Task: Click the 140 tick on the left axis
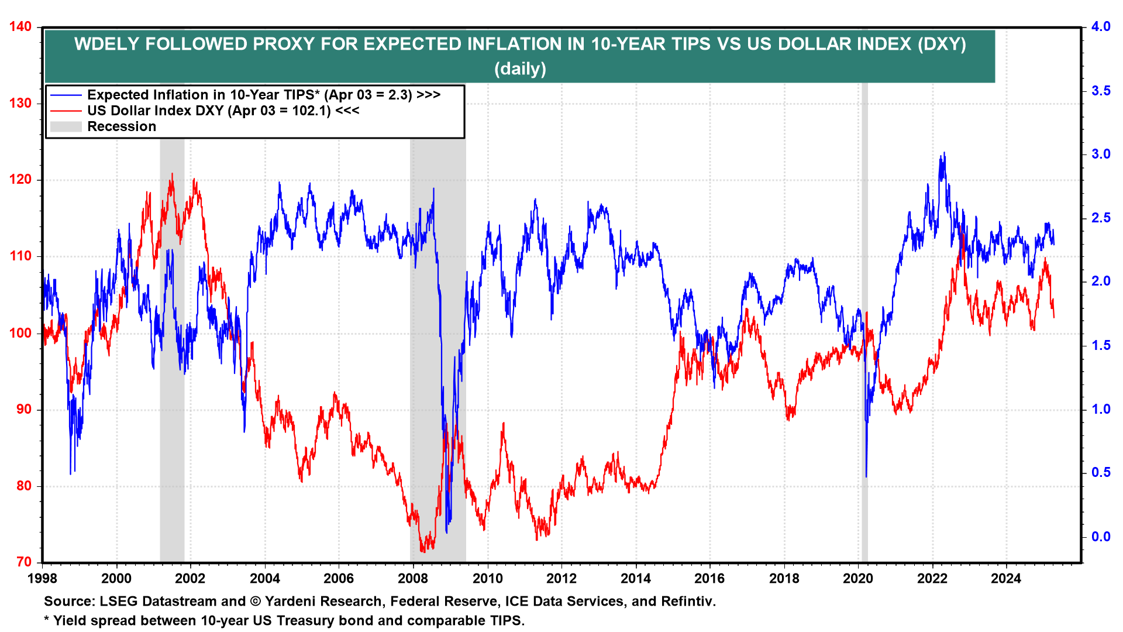pos(20,27)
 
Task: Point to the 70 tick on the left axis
pos(24,562)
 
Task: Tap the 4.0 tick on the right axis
pos(1101,27)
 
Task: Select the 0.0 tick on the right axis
pos(1101,537)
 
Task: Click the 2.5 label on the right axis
pos(1101,218)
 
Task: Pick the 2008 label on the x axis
pos(413,579)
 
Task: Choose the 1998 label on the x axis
pos(42,579)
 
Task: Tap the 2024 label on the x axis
pos(1006,579)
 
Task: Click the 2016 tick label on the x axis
pos(709,579)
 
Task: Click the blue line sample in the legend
pos(66,95)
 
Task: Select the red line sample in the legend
pos(66,111)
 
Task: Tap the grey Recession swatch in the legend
pos(66,126)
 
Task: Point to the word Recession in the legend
pos(122,126)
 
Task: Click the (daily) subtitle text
pos(520,69)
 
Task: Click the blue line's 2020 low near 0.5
pos(866,475)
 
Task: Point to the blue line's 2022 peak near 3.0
pos(943,154)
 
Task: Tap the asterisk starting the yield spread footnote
pos(47,619)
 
